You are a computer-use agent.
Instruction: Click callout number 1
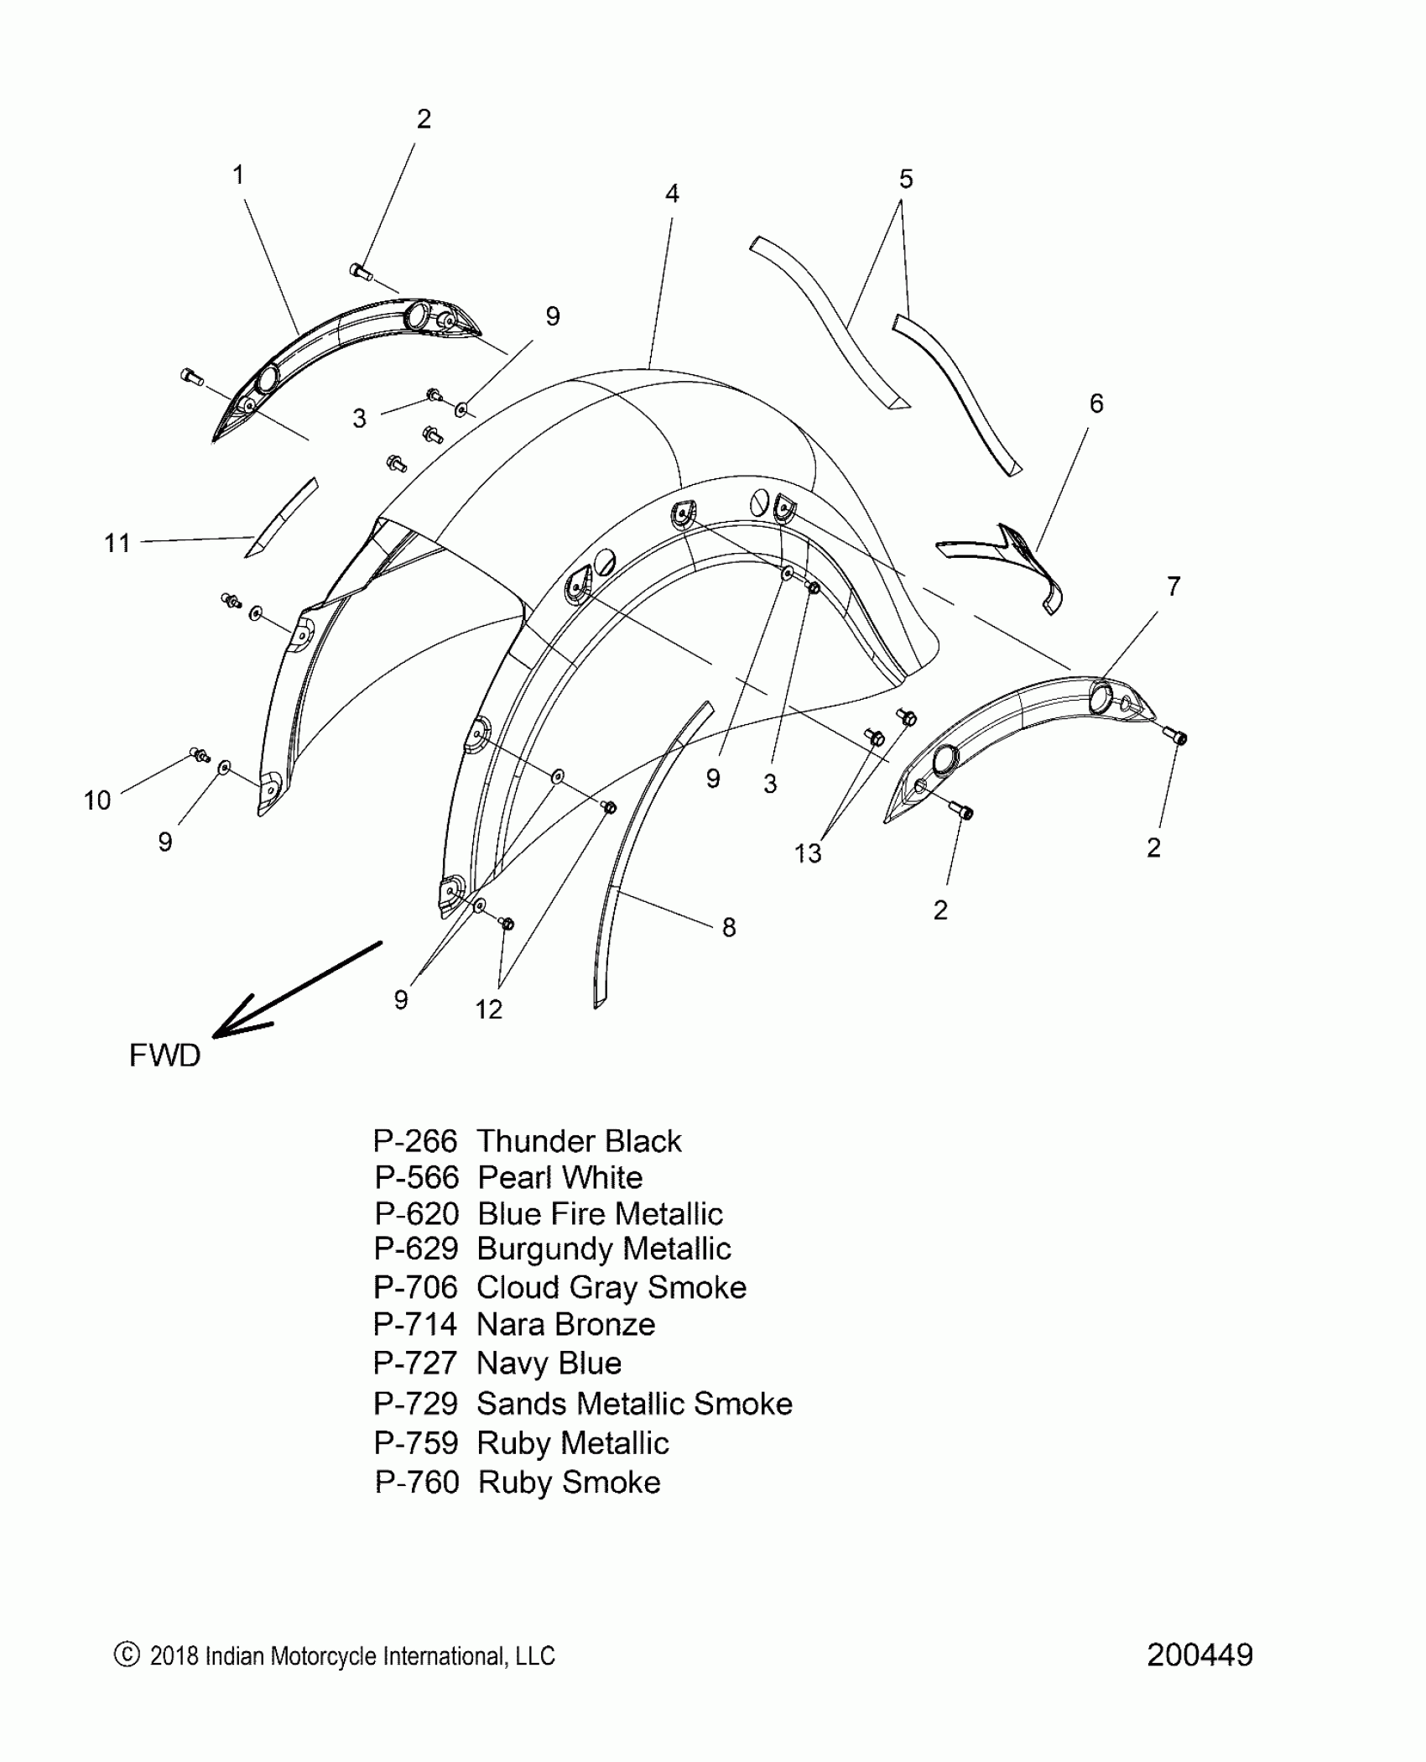pyautogui.click(x=238, y=175)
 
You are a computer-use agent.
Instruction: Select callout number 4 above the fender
pyautogui.click(x=672, y=194)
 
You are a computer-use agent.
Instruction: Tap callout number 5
pyautogui.click(x=906, y=179)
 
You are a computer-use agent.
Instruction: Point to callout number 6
pyautogui.click(x=1096, y=404)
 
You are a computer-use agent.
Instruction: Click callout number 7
pyautogui.click(x=1174, y=586)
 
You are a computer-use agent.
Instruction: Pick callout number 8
pyautogui.click(x=729, y=927)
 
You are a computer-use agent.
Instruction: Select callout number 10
pyautogui.click(x=97, y=800)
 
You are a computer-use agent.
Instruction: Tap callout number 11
pyautogui.click(x=117, y=543)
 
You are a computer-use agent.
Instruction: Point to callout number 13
pyautogui.click(x=808, y=853)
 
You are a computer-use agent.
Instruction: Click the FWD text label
pyautogui.click(x=165, y=1055)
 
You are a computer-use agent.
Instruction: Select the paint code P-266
pyautogui.click(x=415, y=1141)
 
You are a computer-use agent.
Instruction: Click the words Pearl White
pyautogui.click(x=559, y=1178)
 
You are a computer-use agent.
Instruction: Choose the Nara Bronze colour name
pyautogui.click(x=565, y=1325)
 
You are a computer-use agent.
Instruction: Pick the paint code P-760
pyautogui.click(x=417, y=1483)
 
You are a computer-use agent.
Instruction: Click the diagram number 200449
pyautogui.click(x=1200, y=1655)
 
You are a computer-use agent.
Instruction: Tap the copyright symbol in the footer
pyautogui.click(x=126, y=1655)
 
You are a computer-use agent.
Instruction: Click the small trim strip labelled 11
pyautogui.click(x=281, y=517)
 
